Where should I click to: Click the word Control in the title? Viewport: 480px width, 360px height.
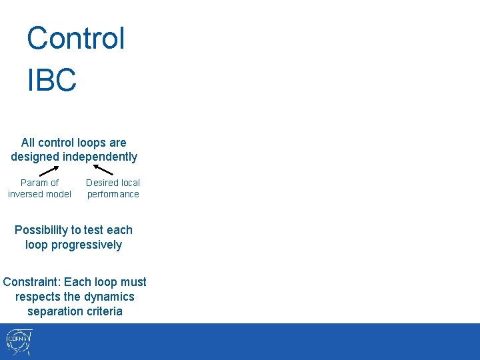(x=75, y=39)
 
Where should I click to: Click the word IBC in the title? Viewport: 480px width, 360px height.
(x=52, y=80)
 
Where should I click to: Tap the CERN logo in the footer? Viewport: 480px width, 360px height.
(x=19, y=342)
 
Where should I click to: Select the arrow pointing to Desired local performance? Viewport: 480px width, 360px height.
(x=100, y=169)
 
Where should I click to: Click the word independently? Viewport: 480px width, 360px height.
(x=100, y=157)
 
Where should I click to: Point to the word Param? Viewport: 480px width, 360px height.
(x=33, y=183)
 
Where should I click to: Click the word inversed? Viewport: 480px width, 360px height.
(x=26, y=195)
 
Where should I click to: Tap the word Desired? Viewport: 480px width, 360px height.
(x=100, y=183)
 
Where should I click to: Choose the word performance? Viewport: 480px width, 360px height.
(x=113, y=195)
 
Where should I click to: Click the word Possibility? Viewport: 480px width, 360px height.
(x=42, y=230)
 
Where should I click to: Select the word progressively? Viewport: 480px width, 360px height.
(x=87, y=245)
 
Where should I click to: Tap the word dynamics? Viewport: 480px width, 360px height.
(x=109, y=297)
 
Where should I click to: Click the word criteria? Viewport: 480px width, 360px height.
(x=105, y=311)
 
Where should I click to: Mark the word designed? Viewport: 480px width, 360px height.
(x=35, y=157)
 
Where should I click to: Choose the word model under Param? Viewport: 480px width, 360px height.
(x=58, y=195)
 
